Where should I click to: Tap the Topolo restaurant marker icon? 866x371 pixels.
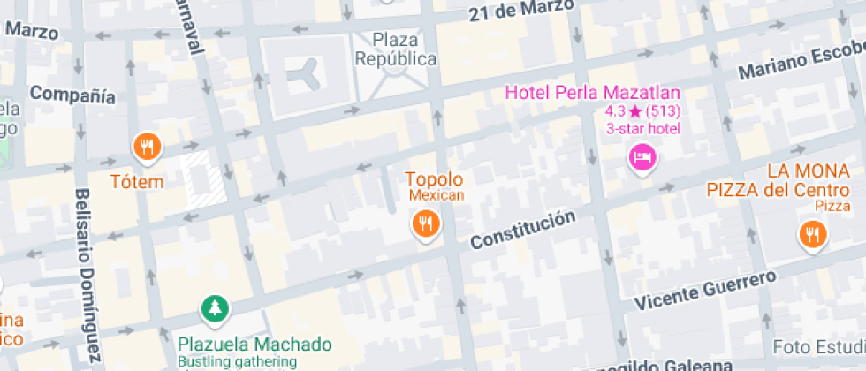[426, 223]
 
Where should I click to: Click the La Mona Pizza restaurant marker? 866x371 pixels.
[811, 234]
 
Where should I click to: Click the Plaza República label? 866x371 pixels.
[395, 49]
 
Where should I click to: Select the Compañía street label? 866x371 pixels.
[72, 95]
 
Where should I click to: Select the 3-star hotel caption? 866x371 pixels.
[642, 128]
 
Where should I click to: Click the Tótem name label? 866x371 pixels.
[137, 182]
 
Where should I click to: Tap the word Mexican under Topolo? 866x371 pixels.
[436, 195]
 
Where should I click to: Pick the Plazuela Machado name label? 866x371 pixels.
[254, 344]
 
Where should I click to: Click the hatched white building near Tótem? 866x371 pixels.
[205, 179]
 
